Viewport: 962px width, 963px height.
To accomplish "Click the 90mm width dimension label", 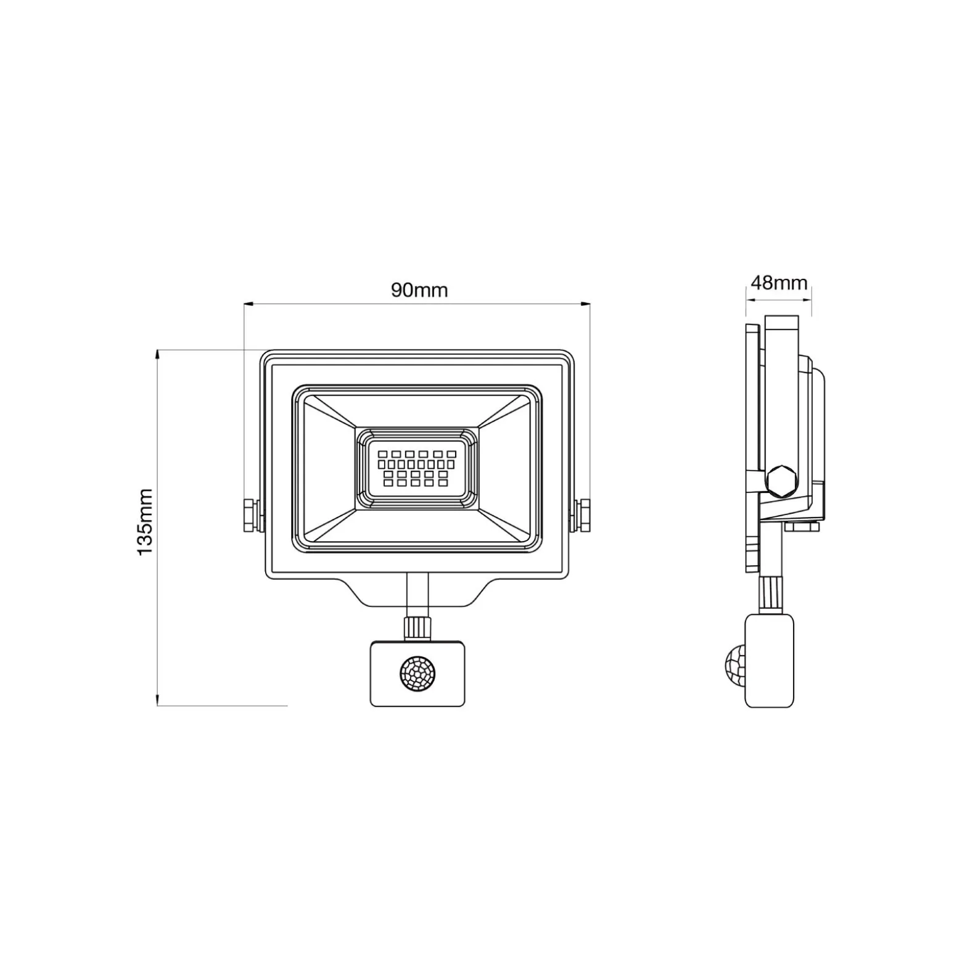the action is click(x=419, y=290).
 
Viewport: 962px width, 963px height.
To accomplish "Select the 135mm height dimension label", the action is click(x=145, y=522).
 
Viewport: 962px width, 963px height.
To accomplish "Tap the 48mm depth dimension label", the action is click(x=779, y=283).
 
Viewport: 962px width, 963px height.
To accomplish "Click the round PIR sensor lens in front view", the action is click(x=417, y=673).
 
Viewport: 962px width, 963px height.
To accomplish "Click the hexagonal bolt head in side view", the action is click(x=781, y=481).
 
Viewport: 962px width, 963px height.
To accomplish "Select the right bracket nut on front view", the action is click(x=582, y=515).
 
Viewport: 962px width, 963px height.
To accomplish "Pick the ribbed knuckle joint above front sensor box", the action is click(x=417, y=627).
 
